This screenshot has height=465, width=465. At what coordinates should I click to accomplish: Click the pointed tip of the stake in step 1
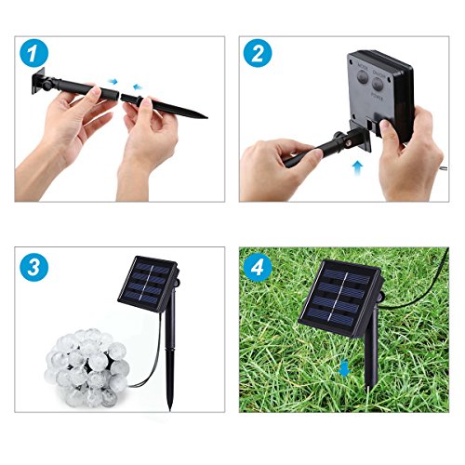pyautogui.click(x=204, y=117)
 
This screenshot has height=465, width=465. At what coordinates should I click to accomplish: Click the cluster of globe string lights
pyautogui.click(x=78, y=368)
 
